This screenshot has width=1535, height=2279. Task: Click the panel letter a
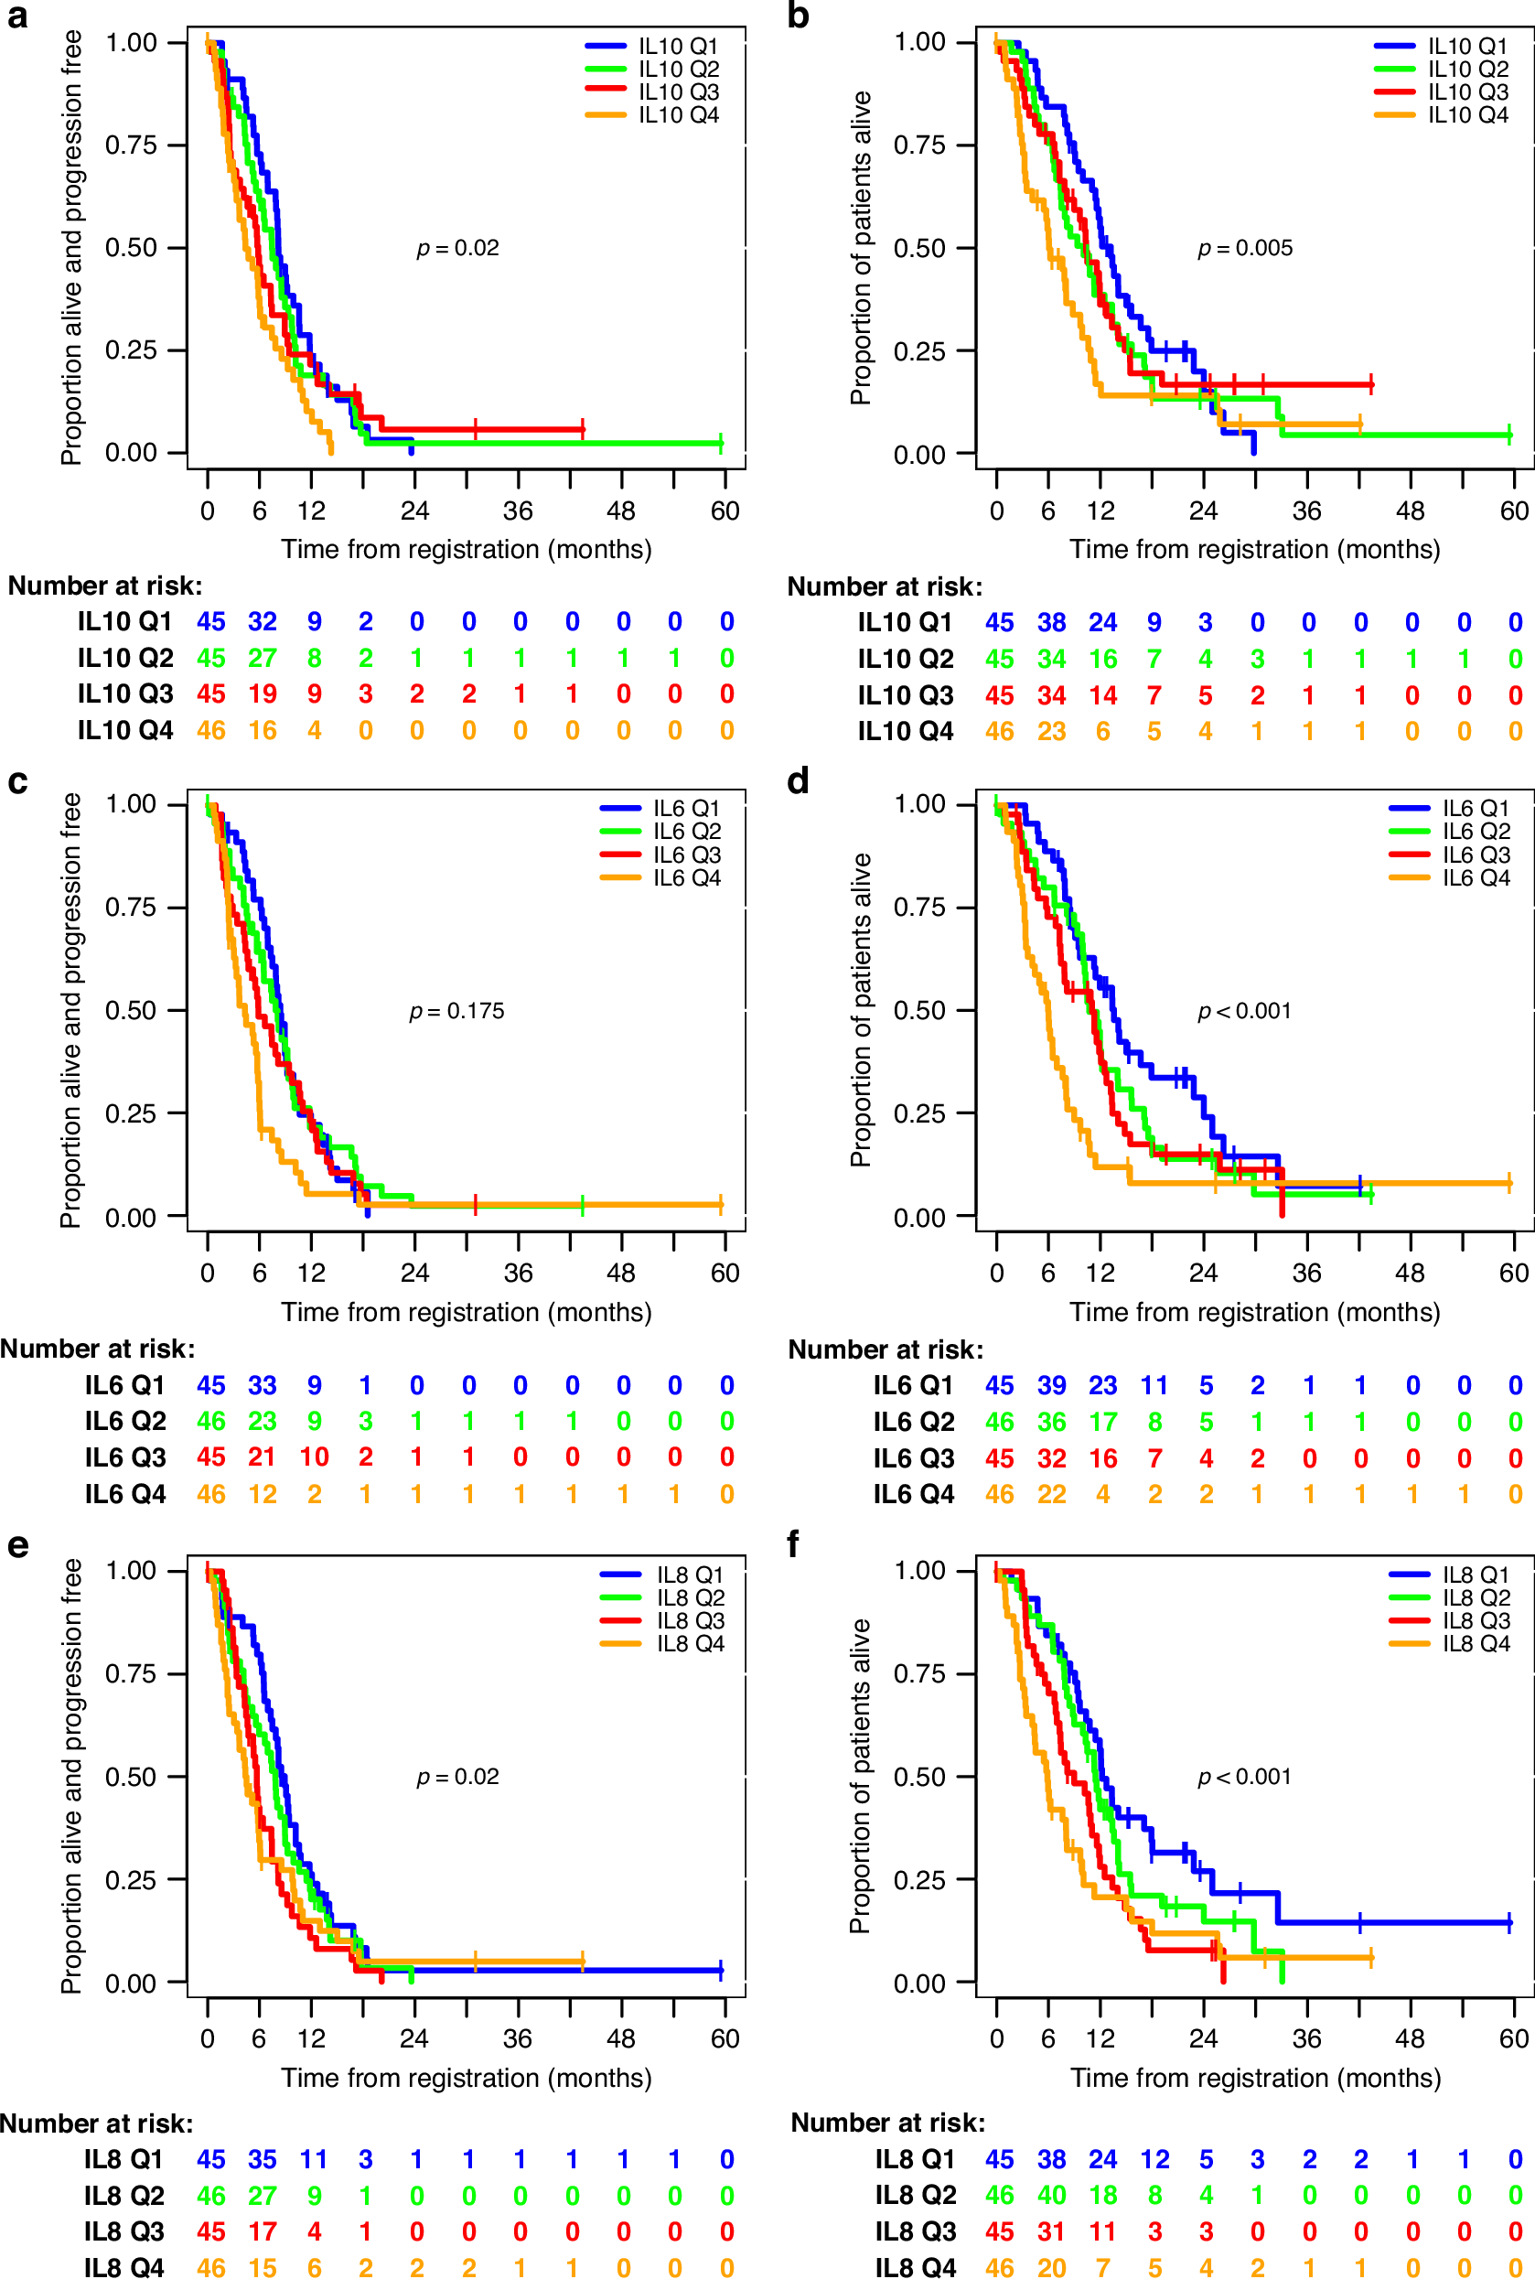click(16, 16)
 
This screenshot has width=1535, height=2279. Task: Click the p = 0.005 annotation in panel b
click(1244, 249)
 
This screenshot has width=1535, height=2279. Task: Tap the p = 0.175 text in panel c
click(456, 1011)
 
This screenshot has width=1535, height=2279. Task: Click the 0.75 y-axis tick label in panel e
click(131, 1674)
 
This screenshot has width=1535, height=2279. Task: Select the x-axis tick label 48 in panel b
click(1410, 511)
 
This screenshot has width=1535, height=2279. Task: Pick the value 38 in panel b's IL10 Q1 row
click(1051, 623)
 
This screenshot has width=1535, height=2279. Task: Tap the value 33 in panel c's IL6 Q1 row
click(263, 1385)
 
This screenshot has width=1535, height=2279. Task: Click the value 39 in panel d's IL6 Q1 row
click(1051, 1385)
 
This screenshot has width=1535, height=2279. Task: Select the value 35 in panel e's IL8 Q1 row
click(263, 2158)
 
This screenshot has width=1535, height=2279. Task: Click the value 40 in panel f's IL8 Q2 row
click(1051, 2195)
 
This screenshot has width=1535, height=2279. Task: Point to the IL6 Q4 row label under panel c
click(125, 1494)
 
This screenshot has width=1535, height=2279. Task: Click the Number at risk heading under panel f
click(887, 2123)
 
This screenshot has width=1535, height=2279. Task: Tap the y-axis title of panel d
click(861, 1009)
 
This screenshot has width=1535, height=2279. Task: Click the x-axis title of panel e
click(466, 2078)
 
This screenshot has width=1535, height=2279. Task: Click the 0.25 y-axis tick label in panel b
click(919, 350)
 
